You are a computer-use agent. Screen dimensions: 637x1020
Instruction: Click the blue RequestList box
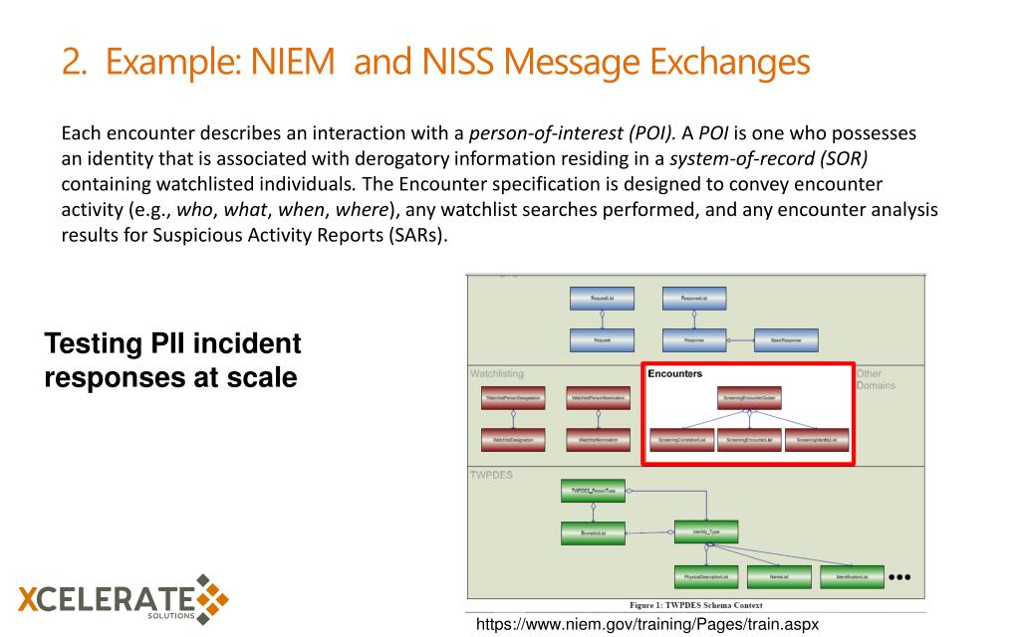(601, 298)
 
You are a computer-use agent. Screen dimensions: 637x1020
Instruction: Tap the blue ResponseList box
(695, 298)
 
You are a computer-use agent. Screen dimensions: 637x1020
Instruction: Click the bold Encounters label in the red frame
(674, 374)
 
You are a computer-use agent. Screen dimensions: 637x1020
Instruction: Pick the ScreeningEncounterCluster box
(749, 397)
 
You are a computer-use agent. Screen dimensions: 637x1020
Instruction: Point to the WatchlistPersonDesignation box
(513, 397)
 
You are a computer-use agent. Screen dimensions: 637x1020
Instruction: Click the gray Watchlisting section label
(496, 374)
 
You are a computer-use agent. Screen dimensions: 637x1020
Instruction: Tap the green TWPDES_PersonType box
(593, 491)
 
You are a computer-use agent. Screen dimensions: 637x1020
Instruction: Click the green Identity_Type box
(706, 531)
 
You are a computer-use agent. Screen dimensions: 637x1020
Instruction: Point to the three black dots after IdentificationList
(899, 575)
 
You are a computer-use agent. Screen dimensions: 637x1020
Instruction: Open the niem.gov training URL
(647, 624)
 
